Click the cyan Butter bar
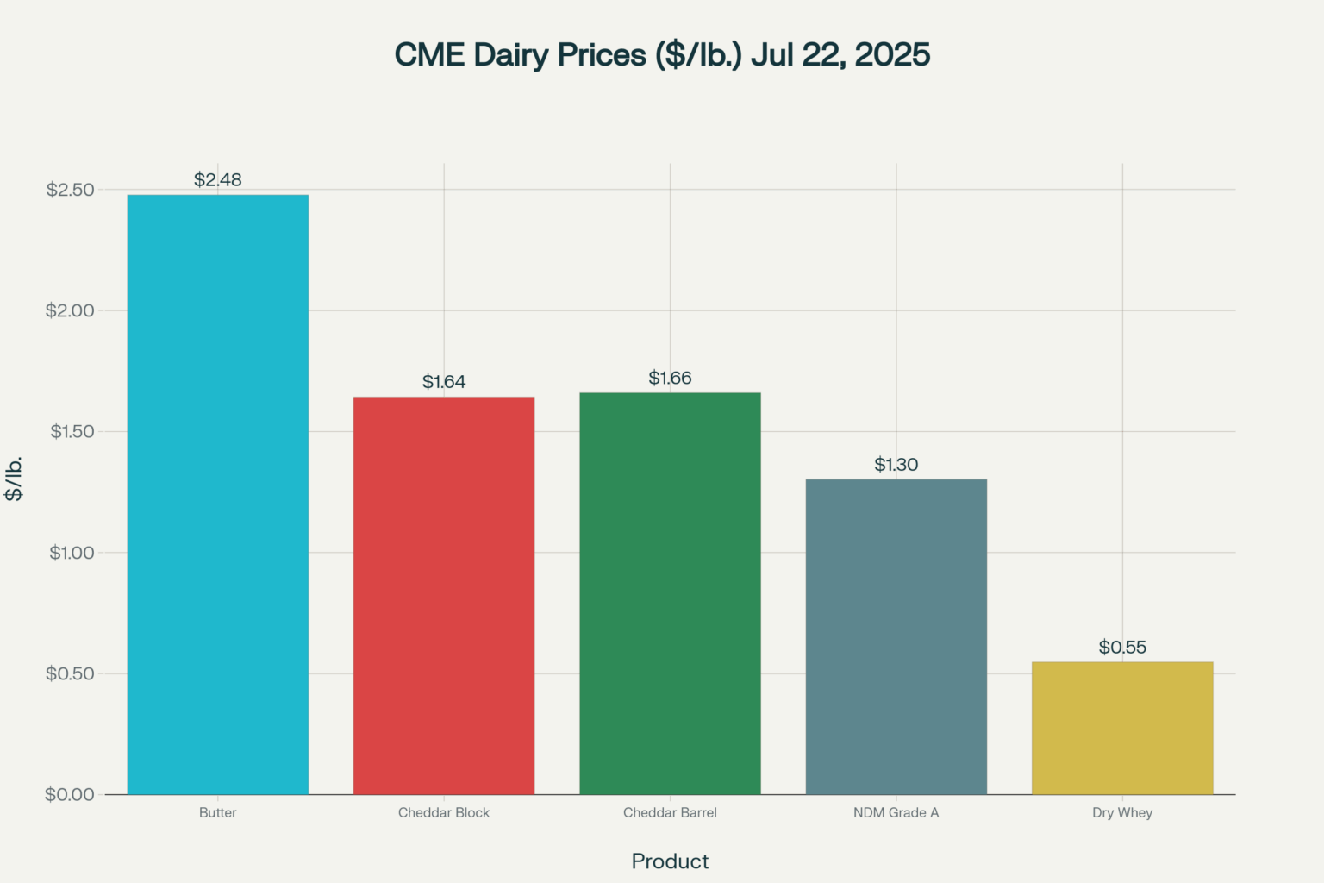tap(217, 494)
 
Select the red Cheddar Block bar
tap(444, 595)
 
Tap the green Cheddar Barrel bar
tap(670, 593)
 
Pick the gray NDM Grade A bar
tap(896, 636)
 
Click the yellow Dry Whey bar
tap(1122, 728)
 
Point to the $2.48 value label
tap(217, 180)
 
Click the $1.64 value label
tap(444, 382)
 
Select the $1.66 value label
tap(670, 379)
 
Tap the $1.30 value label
tap(896, 465)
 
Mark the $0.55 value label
tap(1122, 648)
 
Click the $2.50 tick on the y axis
tap(71, 190)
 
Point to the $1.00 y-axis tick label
tap(71, 553)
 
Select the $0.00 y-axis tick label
tap(71, 794)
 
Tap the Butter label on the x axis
tap(217, 812)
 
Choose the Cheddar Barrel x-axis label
tap(670, 812)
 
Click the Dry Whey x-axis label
tap(1122, 812)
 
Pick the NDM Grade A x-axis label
tap(896, 812)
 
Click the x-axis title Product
tap(670, 861)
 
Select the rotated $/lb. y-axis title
tap(14, 479)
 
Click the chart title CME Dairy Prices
tap(662, 54)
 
